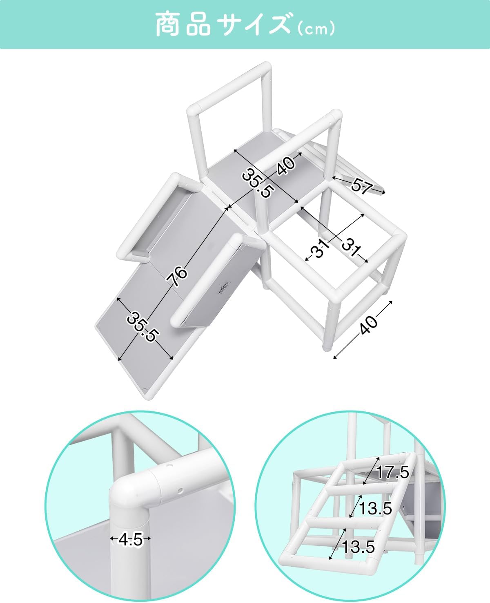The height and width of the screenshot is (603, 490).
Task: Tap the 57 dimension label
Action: [x=361, y=186]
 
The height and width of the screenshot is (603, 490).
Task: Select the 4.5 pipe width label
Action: [x=130, y=540]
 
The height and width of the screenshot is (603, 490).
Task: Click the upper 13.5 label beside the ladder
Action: [x=375, y=508]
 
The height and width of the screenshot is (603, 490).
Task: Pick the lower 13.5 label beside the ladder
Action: [x=358, y=546]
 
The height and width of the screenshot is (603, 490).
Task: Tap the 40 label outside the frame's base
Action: [x=368, y=325]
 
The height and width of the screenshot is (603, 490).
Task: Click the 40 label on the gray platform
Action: [x=286, y=166]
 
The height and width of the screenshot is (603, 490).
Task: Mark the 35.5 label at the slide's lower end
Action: [x=142, y=327]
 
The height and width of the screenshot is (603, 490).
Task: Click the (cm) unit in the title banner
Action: [x=316, y=29]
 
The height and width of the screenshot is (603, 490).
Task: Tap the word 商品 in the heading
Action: [x=183, y=25]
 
